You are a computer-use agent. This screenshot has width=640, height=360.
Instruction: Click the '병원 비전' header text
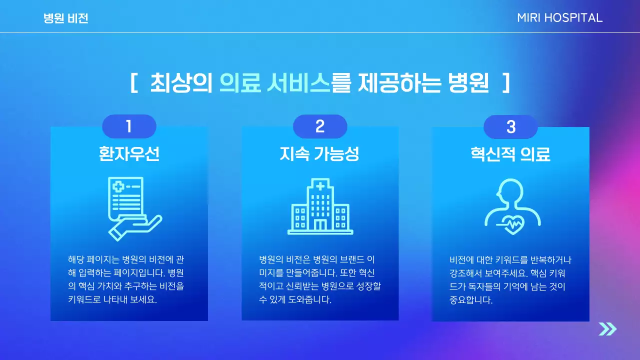[65, 18]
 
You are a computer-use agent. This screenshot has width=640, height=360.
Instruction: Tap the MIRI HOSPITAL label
[559, 18]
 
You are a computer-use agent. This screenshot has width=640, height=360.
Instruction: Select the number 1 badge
[129, 126]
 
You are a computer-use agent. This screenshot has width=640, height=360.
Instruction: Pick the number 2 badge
[320, 126]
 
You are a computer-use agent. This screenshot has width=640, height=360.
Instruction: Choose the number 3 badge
[510, 127]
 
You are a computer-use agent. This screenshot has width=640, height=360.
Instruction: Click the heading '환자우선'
[129, 154]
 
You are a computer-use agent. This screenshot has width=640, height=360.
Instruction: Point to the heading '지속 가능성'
[319, 154]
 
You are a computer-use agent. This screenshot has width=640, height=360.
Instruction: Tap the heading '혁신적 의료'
[510, 154]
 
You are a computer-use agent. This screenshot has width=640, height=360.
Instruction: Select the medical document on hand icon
[131, 207]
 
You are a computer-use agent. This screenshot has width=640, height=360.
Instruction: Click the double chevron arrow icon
[607, 329]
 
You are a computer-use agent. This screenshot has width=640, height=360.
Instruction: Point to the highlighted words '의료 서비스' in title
[274, 83]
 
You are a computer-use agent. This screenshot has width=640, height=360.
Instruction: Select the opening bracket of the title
[134, 83]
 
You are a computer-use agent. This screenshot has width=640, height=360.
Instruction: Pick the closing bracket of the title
[505, 83]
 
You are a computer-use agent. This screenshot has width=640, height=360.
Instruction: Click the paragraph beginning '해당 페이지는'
[129, 280]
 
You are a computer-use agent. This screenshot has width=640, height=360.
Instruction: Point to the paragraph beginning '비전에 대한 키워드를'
[510, 280]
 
